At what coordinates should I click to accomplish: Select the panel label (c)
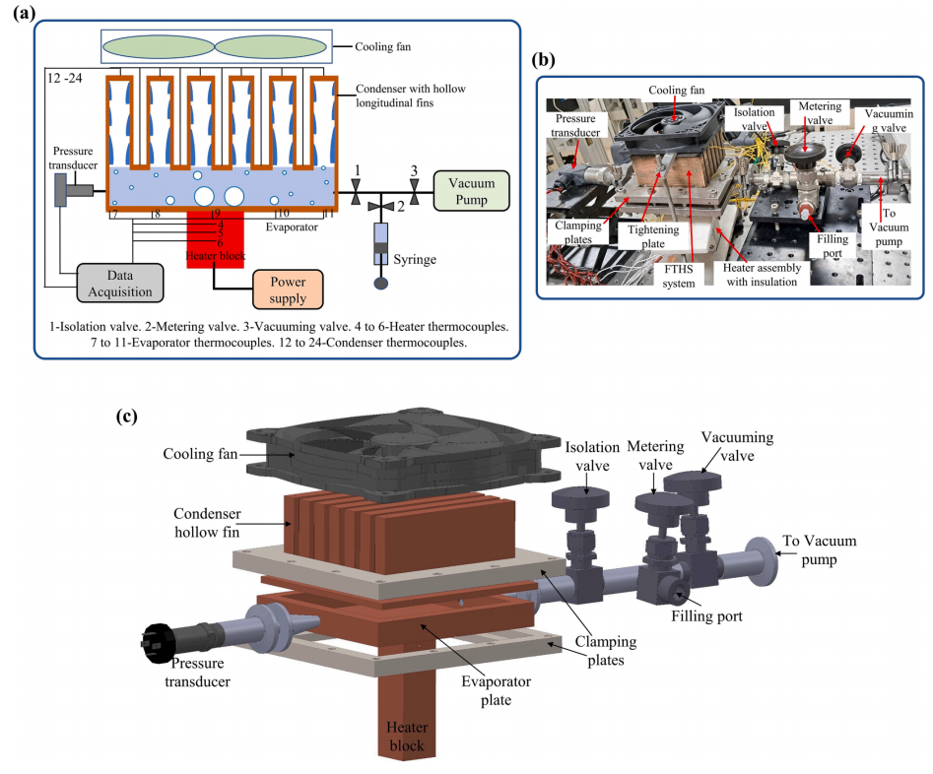126,416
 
